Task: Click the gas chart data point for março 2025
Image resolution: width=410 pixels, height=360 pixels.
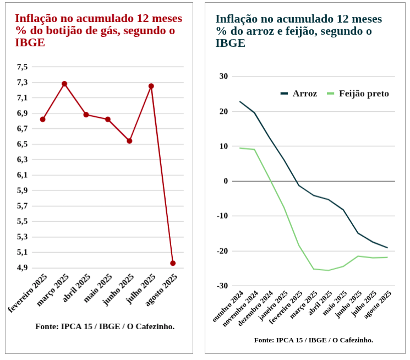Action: coord(64,84)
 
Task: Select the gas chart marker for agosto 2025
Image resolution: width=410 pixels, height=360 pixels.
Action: coord(173,263)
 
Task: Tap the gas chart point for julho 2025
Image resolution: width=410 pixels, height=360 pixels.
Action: coord(151,86)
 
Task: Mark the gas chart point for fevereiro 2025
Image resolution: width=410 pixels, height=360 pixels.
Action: coord(43,119)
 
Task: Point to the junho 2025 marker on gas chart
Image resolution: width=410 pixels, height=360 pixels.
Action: coord(129,141)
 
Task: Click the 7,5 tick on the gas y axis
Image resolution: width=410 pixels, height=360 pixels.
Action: coord(22,67)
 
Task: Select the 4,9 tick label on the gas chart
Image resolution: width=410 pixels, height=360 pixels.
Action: coord(22,268)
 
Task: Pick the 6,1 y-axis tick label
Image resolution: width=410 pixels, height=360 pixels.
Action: coord(22,175)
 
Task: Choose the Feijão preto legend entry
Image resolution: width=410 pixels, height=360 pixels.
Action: coord(358,94)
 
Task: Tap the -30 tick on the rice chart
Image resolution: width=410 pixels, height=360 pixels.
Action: coord(222,286)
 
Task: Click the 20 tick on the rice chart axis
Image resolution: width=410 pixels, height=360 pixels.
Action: coord(223,111)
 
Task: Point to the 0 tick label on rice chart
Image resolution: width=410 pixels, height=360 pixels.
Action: coord(225,181)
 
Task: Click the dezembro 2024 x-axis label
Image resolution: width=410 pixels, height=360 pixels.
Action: coord(256,308)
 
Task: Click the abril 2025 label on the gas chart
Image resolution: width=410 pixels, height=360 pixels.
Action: coord(76,288)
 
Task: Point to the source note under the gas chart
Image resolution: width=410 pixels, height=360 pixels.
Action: coord(105,326)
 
